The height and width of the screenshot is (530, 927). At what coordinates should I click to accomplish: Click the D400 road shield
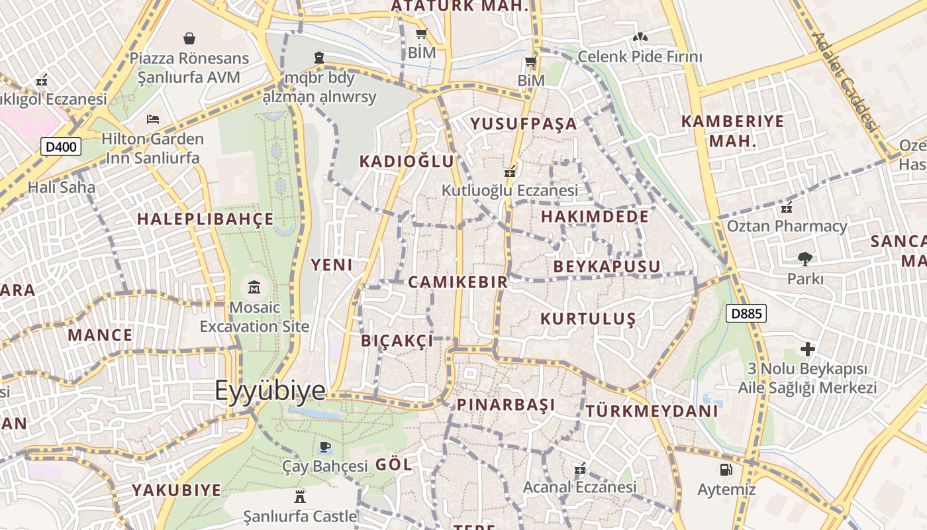(x=61, y=146)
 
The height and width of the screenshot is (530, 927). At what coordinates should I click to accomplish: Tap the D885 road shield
(x=746, y=314)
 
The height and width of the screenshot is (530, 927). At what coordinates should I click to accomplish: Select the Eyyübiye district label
(x=270, y=391)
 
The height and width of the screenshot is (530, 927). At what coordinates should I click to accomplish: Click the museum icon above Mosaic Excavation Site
(x=254, y=288)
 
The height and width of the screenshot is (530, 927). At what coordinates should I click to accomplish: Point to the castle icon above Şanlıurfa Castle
(x=300, y=496)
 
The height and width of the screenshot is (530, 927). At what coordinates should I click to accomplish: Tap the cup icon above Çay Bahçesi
(x=324, y=447)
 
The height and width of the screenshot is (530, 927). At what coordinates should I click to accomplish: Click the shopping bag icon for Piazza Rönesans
(x=189, y=38)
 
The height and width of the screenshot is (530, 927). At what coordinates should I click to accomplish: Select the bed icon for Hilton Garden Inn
(x=153, y=119)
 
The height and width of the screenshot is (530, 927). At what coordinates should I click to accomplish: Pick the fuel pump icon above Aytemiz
(x=726, y=470)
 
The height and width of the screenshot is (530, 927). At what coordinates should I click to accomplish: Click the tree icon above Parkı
(x=805, y=258)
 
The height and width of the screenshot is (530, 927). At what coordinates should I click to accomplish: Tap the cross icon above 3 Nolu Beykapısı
(x=807, y=348)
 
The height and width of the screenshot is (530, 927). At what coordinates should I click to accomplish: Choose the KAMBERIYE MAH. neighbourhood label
(x=732, y=131)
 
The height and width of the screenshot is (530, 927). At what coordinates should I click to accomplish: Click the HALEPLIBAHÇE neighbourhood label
(x=205, y=219)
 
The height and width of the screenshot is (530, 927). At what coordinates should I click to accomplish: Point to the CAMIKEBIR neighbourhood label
(x=458, y=282)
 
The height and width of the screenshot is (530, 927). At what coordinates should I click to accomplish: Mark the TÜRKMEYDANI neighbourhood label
(x=652, y=411)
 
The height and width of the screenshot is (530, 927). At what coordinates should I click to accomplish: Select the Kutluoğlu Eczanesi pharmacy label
(x=510, y=191)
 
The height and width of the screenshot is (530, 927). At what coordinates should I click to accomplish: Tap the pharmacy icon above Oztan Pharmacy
(x=787, y=207)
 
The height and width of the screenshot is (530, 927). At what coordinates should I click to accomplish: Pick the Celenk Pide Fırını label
(x=640, y=56)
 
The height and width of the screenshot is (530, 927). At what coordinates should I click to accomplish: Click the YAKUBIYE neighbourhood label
(x=176, y=491)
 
